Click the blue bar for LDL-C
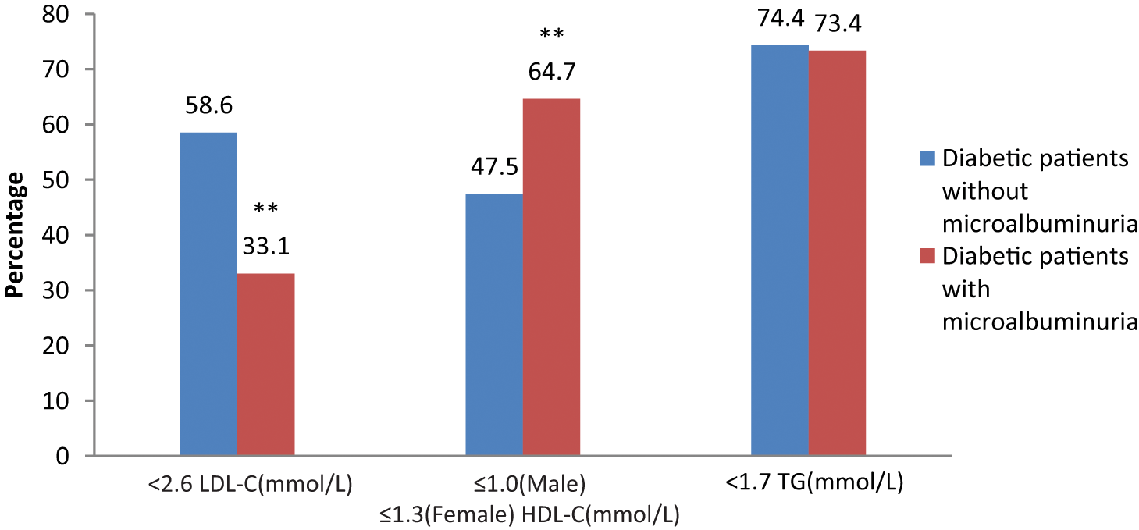(208, 293)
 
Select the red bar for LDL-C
(266, 365)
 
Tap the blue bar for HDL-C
(494, 324)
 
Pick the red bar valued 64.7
(552, 276)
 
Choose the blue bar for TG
(780, 251)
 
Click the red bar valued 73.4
(838, 253)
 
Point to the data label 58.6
(209, 105)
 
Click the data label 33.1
(266, 246)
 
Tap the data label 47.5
(494, 166)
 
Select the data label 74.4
(781, 18)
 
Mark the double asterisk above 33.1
(266, 208)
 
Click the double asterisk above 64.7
(552, 34)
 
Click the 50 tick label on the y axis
(55, 180)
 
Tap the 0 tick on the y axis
(62, 456)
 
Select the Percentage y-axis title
(14, 234)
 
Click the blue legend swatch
(927, 158)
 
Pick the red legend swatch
(927, 256)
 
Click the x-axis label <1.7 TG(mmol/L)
(814, 482)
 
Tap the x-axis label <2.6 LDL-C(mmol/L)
(250, 484)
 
